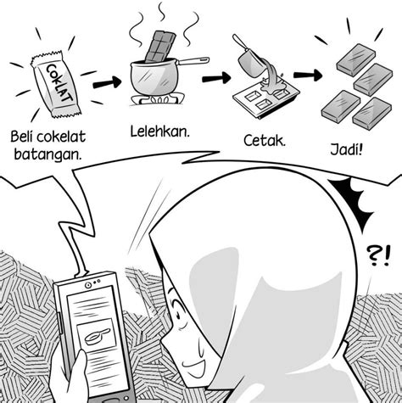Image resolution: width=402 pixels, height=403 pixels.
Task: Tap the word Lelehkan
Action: coord(159,132)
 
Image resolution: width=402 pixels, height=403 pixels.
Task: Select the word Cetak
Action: coord(265,141)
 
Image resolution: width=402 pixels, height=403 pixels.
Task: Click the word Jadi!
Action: coord(346,149)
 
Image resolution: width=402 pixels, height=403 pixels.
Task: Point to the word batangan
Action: coord(47,154)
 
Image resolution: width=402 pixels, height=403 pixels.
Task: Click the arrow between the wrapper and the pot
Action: coord(107,82)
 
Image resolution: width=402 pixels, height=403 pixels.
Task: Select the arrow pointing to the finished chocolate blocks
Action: coord(308,75)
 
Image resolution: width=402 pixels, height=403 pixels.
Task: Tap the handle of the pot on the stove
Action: coord(193,61)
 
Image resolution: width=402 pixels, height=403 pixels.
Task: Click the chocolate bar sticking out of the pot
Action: coord(159,47)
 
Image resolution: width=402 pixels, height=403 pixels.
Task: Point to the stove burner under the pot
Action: coord(158,100)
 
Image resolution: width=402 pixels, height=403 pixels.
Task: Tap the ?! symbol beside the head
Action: coord(379,255)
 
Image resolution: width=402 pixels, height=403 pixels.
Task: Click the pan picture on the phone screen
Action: coord(97,336)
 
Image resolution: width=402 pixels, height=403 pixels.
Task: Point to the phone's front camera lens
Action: coord(88,285)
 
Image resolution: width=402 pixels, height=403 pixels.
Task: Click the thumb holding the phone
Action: coord(78,371)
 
